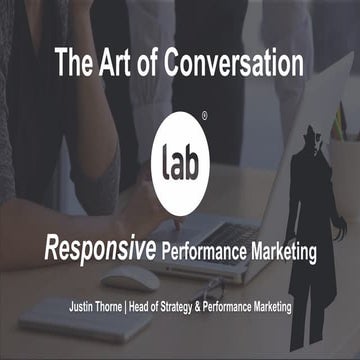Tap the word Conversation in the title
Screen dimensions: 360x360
(234, 65)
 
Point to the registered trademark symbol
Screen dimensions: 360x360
(204, 116)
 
